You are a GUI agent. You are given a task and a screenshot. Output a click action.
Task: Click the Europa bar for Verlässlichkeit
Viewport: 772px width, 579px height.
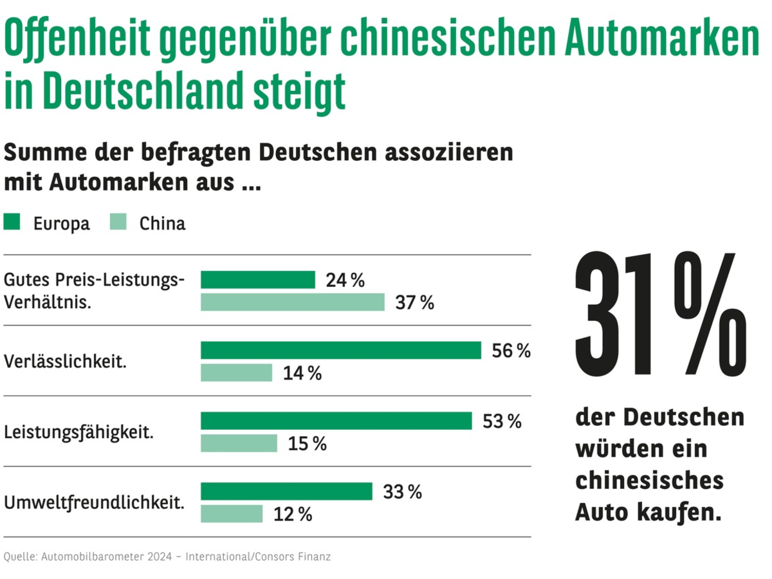click(341, 350)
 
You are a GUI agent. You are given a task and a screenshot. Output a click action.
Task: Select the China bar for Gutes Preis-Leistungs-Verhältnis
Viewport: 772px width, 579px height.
click(293, 302)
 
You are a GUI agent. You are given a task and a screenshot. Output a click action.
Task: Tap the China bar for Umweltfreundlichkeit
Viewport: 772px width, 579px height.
click(232, 513)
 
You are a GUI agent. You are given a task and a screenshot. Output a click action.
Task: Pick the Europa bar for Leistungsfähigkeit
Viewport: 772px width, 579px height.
click(336, 421)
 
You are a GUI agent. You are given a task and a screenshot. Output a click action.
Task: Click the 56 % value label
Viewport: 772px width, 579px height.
click(511, 351)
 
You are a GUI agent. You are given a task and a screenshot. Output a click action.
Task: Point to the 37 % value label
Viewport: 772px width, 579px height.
click(414, 302)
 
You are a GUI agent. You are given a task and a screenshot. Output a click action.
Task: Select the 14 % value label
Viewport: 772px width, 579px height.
click(302, 373)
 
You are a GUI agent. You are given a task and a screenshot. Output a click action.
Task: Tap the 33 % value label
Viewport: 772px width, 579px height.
click(402, 492)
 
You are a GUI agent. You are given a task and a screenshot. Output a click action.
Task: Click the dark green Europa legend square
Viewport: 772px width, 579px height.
click(12, 223)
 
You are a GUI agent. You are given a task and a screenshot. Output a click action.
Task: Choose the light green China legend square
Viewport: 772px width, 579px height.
click(119, 223)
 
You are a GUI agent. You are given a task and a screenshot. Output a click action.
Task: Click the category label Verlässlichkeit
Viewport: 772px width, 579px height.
click(65, 361)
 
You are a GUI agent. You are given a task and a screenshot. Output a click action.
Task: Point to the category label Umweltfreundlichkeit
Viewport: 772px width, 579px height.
click(94, 502)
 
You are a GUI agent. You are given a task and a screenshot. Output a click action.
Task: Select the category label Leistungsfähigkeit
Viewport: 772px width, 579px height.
click(78, 432)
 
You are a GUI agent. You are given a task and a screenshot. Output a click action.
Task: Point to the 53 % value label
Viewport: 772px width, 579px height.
click(501, 421)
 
